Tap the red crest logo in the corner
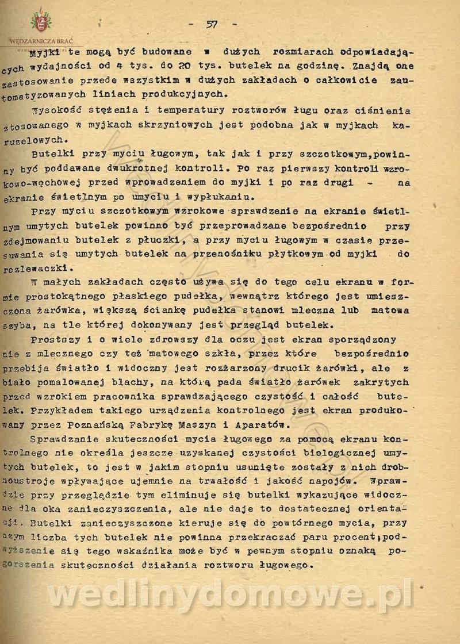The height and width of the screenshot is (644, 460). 41,22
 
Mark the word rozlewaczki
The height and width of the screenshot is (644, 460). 39,268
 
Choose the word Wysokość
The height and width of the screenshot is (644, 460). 57,110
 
